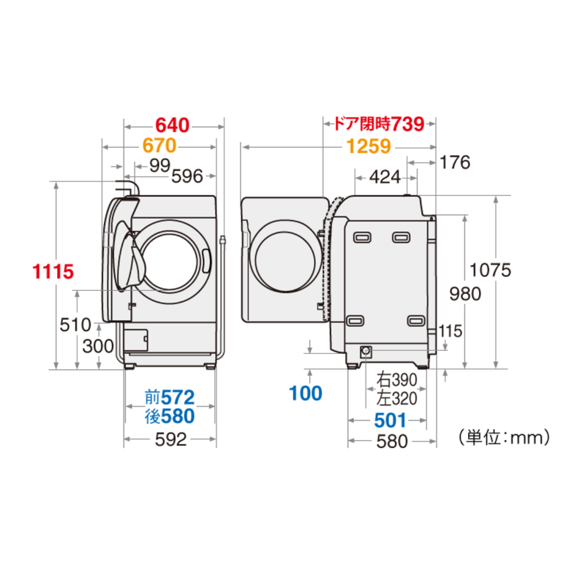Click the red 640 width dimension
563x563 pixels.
(173, 125)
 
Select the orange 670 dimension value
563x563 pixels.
(159, 146)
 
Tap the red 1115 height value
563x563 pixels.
(53, 271)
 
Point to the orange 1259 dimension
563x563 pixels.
(369, 146)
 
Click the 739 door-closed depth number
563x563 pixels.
(407, 124)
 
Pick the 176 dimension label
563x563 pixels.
(455, 162)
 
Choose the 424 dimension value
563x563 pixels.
(385, 177)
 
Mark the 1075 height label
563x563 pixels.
(490, 270)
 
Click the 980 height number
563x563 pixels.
(465, 294)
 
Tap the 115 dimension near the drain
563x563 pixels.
(450, 331)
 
